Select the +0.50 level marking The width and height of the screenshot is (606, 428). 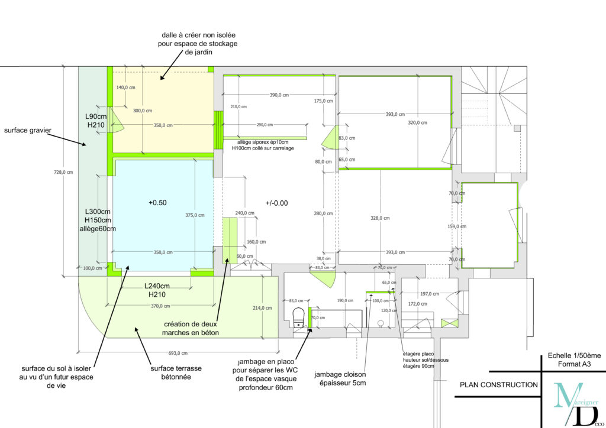click(157, 202)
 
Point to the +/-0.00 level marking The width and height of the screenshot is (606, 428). click(276, 202)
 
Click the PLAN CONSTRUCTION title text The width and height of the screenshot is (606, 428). click(499, 385)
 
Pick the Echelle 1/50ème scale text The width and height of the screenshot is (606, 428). click(573, 355)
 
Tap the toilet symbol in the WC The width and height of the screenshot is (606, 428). click(299, 317)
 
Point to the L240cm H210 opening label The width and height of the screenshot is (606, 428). click(157, 290)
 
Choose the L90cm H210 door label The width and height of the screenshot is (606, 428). click(95, 121)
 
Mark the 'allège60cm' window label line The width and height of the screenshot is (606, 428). click(98, 228)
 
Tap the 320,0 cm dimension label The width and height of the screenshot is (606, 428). click(417, 123)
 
